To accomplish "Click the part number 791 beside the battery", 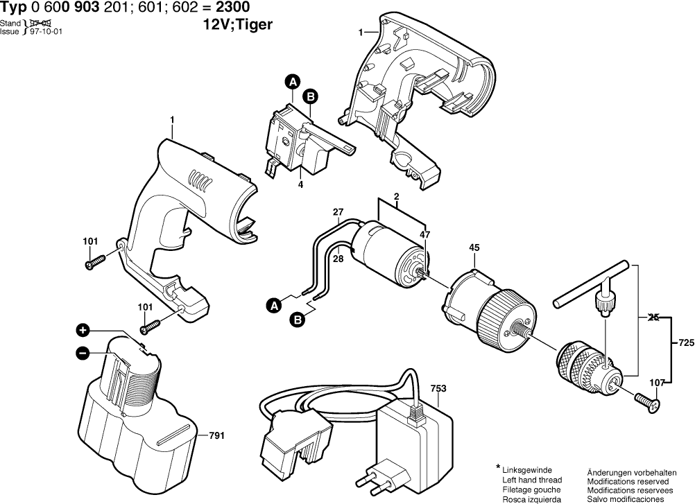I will click(x=216, y=436).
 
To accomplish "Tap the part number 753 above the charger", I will click(x=438, y=389).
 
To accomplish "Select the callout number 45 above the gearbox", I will click(x=474, y=247).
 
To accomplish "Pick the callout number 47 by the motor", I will click(x=424, y=236).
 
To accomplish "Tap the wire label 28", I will click(x=338, y=259).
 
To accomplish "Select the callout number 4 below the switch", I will click(x=300, y=184).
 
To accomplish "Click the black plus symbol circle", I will click(x=83, y=330).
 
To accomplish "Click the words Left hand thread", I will click(x=532, y=480).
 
